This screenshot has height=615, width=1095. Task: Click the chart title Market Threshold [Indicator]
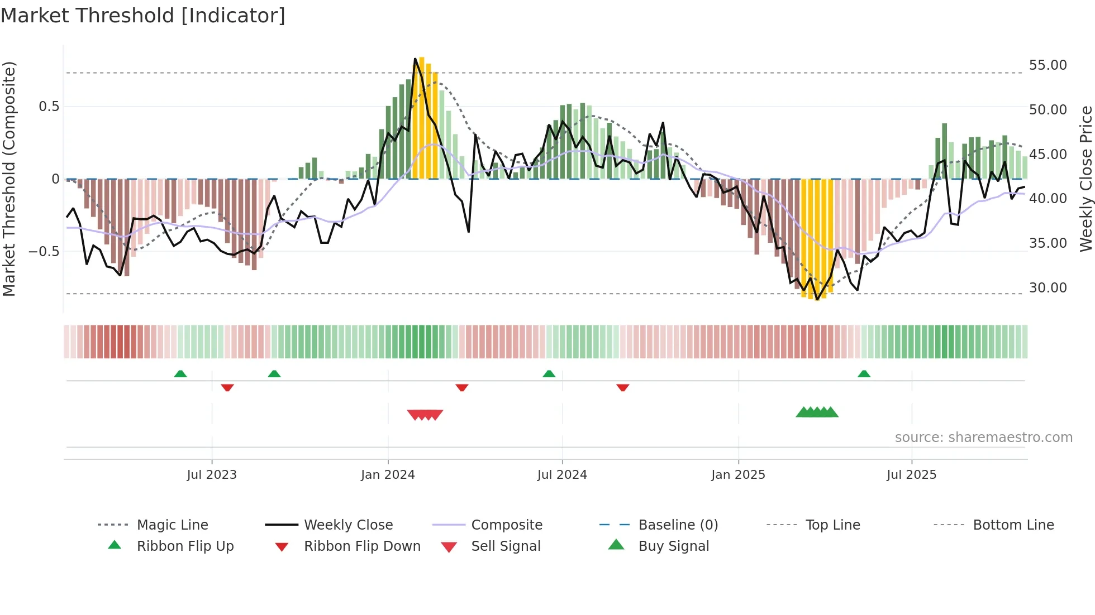coord(143,16)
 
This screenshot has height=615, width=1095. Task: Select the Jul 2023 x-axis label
coord(212,475)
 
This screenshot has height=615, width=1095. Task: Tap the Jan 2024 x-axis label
coord(388,475)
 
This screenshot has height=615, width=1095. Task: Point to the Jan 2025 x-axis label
coord(738,475)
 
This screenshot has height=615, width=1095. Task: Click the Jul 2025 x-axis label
coord(911,475)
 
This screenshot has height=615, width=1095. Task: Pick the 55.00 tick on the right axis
coord(1048,65)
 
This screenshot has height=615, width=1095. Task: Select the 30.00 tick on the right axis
coord(1048,288)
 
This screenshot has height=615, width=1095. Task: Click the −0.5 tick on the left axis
coord(44,252)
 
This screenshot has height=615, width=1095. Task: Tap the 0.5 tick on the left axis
coord(49,107)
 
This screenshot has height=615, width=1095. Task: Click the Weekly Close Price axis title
coord(1086,179)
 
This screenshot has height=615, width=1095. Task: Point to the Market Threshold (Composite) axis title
coord(9,179)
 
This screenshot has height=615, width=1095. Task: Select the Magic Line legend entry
coord(172,525)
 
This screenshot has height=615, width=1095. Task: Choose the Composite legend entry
coord(506,525)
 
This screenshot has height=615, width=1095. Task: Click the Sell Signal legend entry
coord(506,546)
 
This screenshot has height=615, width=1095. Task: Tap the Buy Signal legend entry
coord(673,546)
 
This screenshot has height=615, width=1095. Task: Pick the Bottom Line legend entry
coord(1013,525)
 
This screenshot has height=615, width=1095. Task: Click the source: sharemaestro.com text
coord(983,438)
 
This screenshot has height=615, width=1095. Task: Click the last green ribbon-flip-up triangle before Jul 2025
coord(864,374)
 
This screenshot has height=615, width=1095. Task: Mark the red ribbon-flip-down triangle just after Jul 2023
coord(227,387)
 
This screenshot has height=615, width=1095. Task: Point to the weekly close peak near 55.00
coord(415,59)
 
